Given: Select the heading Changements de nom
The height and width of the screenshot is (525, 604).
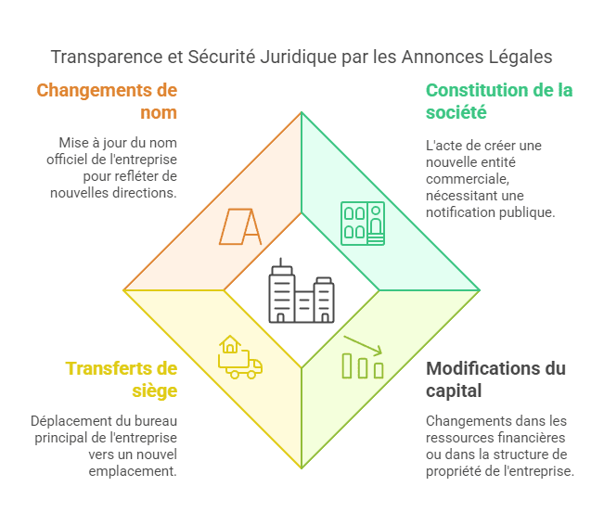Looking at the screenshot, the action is click(107, 101).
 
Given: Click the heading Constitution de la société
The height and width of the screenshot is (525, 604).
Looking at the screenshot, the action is click(499, 101).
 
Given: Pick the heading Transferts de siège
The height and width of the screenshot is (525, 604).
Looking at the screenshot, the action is click(122, 379).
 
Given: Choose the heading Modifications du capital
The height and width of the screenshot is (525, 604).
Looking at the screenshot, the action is click(495, 379).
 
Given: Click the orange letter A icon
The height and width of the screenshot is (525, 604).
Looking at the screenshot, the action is click(240, 227).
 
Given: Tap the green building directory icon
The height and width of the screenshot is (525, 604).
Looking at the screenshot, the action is click(363, 224).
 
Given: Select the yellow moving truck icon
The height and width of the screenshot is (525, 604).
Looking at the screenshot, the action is click(240, 357).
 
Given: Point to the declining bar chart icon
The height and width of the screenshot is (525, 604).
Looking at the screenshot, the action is click(363, 357).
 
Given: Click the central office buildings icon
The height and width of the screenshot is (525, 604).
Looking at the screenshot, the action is click(302, 290).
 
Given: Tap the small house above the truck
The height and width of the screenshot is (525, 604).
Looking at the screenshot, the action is click(230, 344).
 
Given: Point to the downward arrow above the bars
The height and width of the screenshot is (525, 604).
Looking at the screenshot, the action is click(363, 345).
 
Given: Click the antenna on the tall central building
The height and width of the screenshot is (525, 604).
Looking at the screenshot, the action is click(281, 262).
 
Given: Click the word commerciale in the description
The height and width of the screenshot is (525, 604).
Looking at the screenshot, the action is click(468, 179).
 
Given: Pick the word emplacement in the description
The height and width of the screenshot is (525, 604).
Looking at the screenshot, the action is click(133, 471).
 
